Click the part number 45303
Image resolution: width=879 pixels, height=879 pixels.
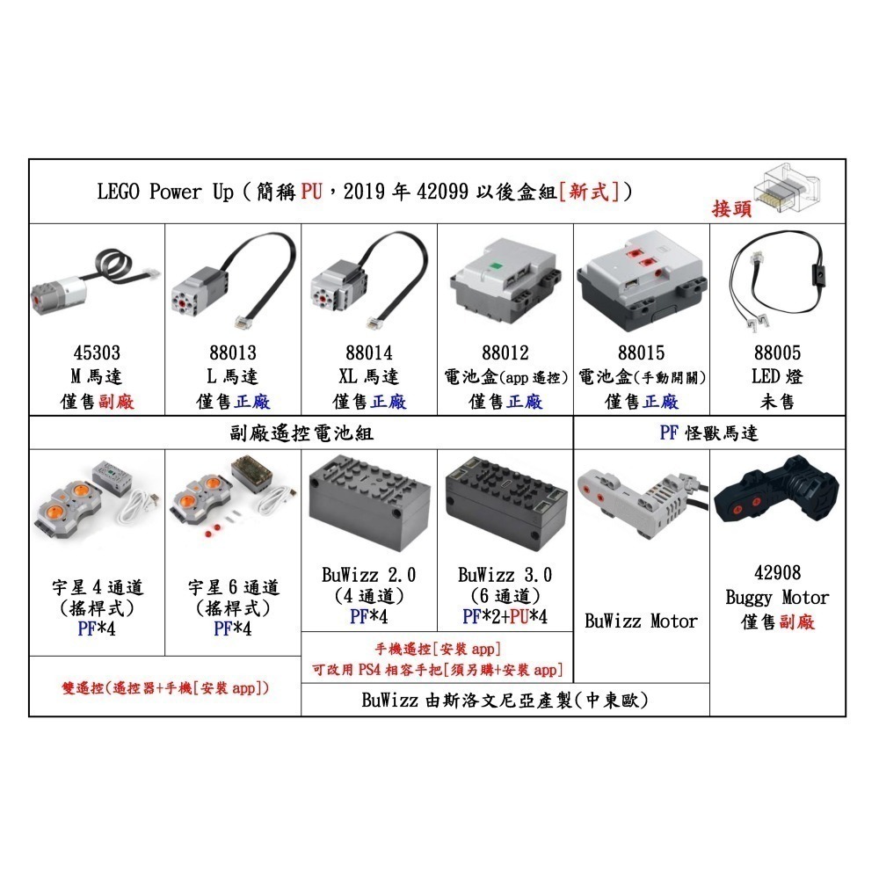click(x=97, y=353)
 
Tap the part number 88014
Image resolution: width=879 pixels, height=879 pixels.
click(x=369, y=353)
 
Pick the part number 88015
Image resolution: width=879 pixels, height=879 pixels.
click(x=642, y=353)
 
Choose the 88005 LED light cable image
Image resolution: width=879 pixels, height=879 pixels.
click(x=778, y=281)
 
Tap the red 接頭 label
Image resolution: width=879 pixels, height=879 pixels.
click(x=732, y=208)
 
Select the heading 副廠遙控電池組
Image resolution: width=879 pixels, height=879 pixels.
click(x=301, y=433)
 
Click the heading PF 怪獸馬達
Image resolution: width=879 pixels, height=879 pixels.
click(x=708, y=433)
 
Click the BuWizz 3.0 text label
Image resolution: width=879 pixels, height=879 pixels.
click(x=505, y=576)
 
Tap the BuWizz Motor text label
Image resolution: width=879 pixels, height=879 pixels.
click(x=642, y=621)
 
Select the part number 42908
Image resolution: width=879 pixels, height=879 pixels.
click(x=777, y=572)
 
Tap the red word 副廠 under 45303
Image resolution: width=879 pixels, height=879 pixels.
click(x=119, y=402)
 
